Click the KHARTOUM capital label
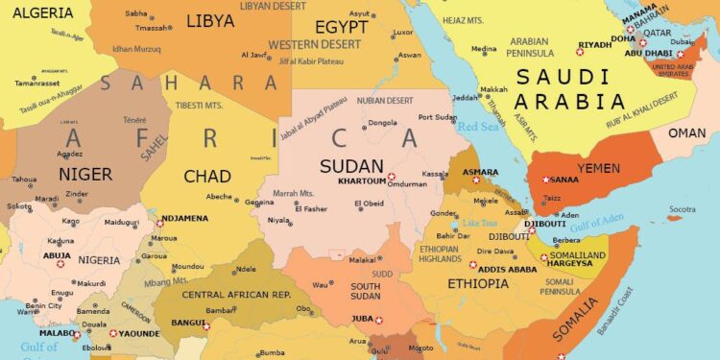coord(361,180)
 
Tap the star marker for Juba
coord(378,320)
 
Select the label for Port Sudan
coord(438,117)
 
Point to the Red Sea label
coord(478,126)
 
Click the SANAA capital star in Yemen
coord(546,180)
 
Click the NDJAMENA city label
coord(184,218)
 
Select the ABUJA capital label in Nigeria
coord(57,254)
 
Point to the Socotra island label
coord(682,208)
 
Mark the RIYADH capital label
coord(595,44)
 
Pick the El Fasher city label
coord(311,208)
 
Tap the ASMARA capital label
coord(480,172)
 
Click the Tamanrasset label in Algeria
coord(37,83)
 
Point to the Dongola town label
coord(383,122)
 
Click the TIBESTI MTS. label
coord(198,106)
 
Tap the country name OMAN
coord(686,132)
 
